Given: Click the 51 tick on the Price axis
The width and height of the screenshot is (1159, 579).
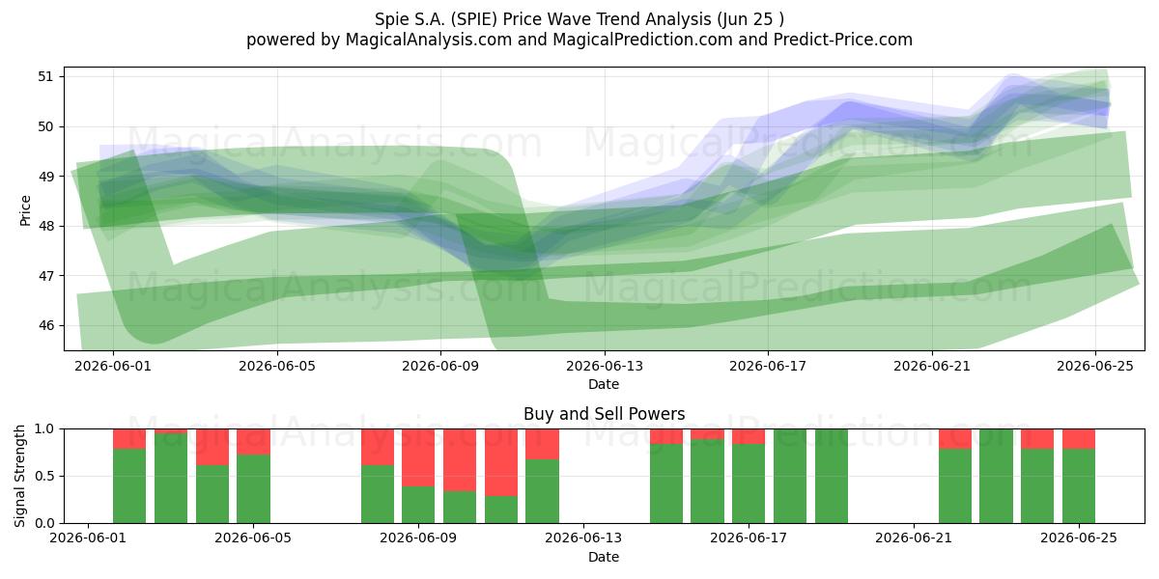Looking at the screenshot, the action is pyautogui.click(x=45, y=77).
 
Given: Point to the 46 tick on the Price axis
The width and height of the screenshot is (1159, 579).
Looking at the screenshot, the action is pyautogui.click(x=45, y=326).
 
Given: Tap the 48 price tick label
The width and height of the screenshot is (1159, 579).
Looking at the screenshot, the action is pyautogui.click(x=45, y=227).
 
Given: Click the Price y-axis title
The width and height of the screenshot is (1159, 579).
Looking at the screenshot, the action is pyautogui.click(x=25, y=210).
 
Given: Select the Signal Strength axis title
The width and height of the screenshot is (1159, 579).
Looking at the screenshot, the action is pyautogui.click(x=19, y=476).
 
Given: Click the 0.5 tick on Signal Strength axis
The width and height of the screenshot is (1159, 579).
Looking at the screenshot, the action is pyautogui.click(x=44, y=476).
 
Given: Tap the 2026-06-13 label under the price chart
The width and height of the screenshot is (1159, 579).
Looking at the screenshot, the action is pyautogui.click(x=605, y=366).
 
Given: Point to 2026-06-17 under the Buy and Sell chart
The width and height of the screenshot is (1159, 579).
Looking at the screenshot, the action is pyautogui.click(x=749, y=538).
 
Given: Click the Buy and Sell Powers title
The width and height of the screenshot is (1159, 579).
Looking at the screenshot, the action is pyautogui.click(x=605, y=414).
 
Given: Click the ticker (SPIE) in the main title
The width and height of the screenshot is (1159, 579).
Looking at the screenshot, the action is pyautogui.click(x=474, y=19).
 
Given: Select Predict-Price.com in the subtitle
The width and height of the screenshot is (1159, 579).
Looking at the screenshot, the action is pyautogui.click(x=843, y=40).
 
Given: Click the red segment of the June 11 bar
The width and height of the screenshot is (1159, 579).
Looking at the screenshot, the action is pyautogui.click(x=501, y=462).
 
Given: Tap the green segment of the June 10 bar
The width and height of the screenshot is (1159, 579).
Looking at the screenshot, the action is pyautogui.click(x=460, y=508).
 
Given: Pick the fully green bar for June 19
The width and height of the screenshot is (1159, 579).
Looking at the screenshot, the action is pyautogui.click(x=832, y=476).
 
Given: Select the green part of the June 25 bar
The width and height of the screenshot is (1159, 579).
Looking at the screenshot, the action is pyautogui.click(x=1079, y=486).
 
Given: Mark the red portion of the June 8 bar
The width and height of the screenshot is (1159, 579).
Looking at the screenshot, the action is pyautogui.click(x=378, y=447).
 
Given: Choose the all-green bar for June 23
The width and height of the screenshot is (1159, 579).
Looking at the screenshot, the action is pyautogui.click(x=996, y=476).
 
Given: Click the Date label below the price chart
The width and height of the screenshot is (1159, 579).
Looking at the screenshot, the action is pyautogui.click(x=604, y=384).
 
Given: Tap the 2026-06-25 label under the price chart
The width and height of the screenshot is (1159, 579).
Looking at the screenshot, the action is pyautogui.click(x=1095, y=366).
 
